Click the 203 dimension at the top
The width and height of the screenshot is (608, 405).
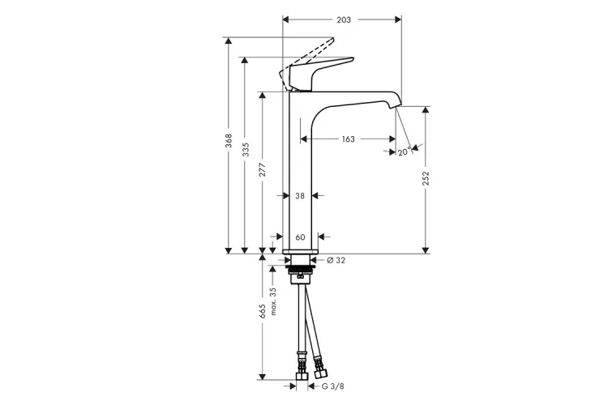tap(343, 19)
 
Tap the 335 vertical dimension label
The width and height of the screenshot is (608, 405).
tap(245, 151)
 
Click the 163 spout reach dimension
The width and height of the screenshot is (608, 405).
tap(348, 139)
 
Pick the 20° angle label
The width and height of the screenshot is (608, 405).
tap(403, 151)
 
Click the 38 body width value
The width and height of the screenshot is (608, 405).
tap(300, 196)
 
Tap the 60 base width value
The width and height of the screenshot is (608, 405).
tap(300, 237)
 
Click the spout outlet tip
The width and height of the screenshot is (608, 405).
tap(396, 102)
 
